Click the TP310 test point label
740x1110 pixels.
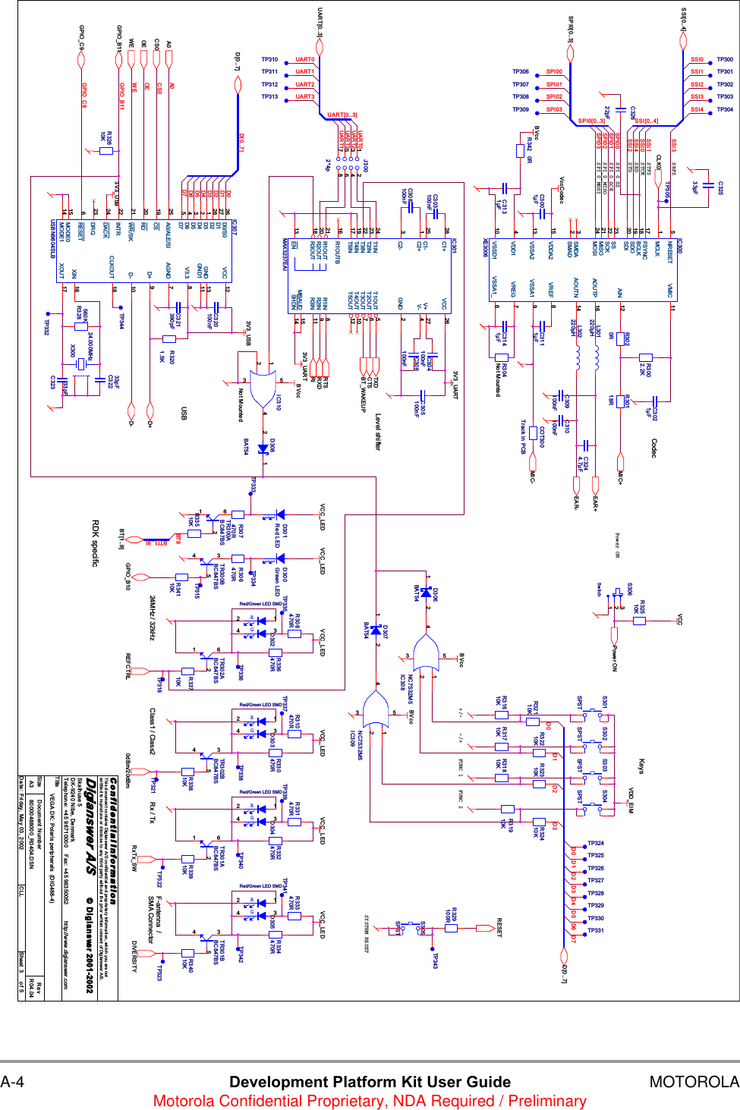click(x=269, y=59)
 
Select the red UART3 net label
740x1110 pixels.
click(x=304, y=96)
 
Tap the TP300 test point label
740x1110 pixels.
click(x=725, y=59)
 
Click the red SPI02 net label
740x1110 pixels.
click(x=554, y=96)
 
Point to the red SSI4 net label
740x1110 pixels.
click(x=697, y=109)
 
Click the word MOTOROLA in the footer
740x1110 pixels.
click(x=694, y=1082)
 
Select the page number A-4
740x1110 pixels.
click(x=12, y=1082)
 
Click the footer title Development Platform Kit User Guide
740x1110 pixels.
click(x=370, y=1082)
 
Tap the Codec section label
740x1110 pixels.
click(x=653, y=448)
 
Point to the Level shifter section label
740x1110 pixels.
click(x=377, y=432)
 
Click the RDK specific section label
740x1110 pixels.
click(x=96, y=543)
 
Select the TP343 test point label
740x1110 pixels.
click(x=435, y=961)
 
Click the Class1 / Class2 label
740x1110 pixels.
click(x=152, y=731)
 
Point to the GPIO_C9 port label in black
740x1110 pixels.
click(x=82, y=35)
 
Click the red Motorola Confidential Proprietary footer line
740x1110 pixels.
click(x=370, y=1101)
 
